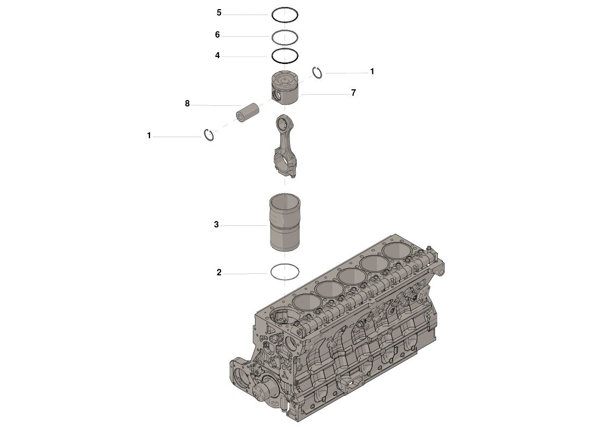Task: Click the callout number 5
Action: coord(219,12)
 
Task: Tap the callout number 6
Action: coord(217,34)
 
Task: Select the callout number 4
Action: coord(217,55)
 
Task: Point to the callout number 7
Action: coord(353,92)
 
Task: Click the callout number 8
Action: coord(187,103)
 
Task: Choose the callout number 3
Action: coord(216,224)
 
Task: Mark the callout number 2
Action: coord(219,273)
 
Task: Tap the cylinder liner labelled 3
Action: coord(284,222)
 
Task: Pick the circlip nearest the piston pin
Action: coord(209,136)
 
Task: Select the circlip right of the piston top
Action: coord(317,73)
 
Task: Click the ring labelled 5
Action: coord(285,15)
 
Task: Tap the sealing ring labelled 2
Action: coord(284,272)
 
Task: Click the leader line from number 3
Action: coord(245,225)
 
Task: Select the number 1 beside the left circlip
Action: coord(149,136)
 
